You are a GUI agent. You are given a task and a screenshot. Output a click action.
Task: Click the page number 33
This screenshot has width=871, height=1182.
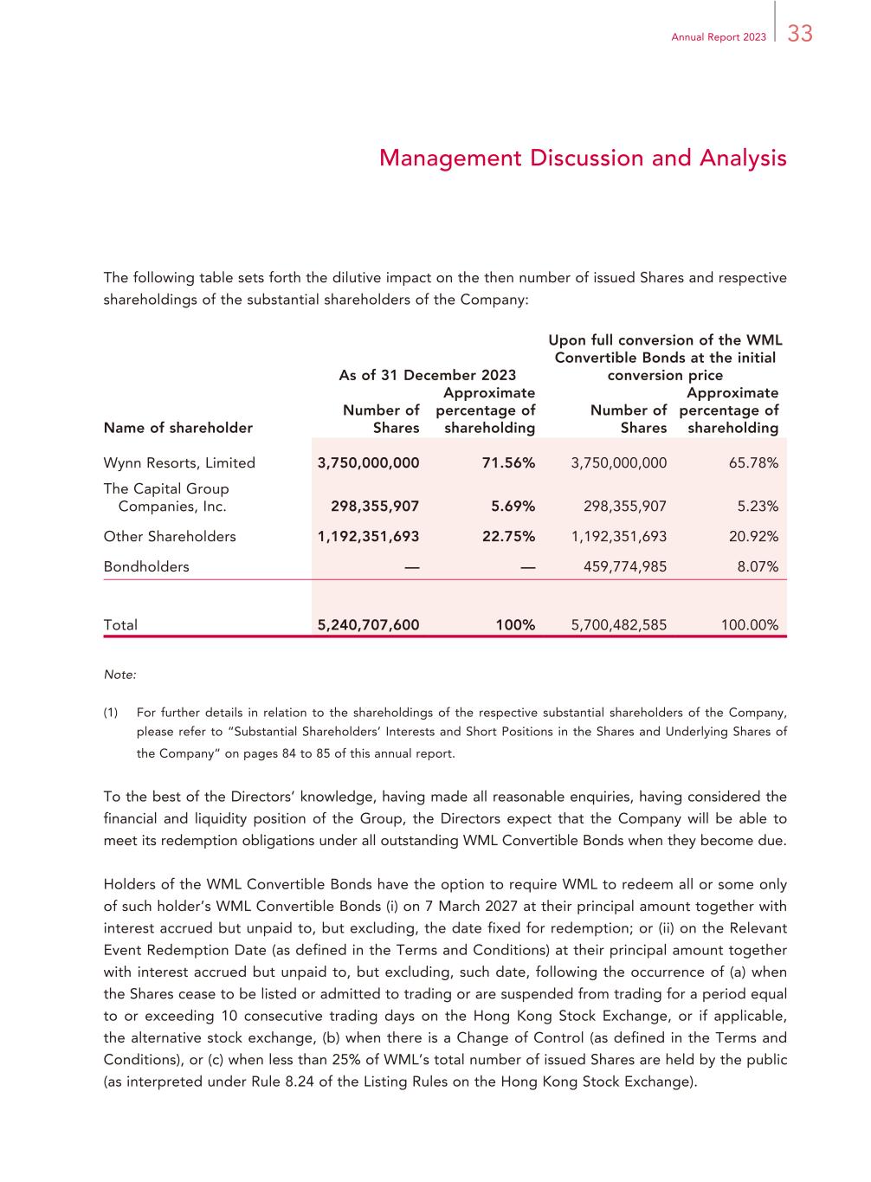(800, 34)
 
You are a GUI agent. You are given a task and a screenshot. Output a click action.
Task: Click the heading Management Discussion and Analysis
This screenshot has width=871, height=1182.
(583, 158)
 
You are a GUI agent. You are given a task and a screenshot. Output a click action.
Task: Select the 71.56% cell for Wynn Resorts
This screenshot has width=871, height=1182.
(508, 463)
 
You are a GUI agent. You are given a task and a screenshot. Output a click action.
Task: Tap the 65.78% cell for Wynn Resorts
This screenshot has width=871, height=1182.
(753, 463)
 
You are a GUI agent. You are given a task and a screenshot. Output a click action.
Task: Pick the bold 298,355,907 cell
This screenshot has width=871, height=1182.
(375, 507)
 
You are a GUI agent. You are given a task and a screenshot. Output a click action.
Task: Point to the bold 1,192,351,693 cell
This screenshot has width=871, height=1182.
(368, 537)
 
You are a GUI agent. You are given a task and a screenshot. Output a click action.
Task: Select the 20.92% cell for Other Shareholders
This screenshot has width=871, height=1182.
(753, 537)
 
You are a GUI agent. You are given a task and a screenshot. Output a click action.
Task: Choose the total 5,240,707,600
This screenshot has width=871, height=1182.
(368, 625)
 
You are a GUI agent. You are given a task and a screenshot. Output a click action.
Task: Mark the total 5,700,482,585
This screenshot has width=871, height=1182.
(619, 625)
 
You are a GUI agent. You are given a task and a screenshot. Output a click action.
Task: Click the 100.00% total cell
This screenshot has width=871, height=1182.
(750, 625)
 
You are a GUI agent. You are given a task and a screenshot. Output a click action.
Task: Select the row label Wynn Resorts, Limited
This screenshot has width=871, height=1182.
(179, 463)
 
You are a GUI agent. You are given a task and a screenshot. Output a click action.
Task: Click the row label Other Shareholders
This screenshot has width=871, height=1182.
(170, 537)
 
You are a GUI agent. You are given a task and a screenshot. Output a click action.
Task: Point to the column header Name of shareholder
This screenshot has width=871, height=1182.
(178, 428)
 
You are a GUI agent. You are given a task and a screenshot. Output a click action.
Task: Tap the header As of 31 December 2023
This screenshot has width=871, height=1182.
(427, 375)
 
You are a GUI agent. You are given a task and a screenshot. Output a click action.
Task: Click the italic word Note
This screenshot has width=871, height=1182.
(119, 674)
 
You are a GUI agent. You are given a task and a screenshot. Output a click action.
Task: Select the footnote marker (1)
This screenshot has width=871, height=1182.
(111, 714)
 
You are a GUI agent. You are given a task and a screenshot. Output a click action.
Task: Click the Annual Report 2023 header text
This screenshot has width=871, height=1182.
(719, 36)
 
